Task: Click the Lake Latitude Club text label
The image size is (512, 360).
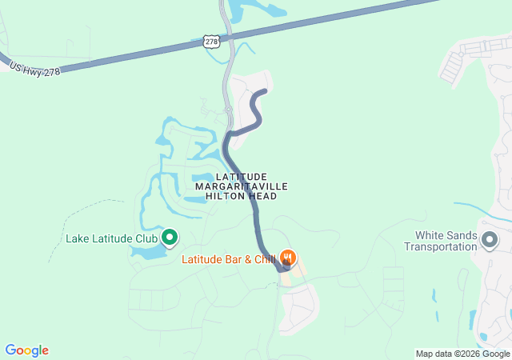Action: (111, 238)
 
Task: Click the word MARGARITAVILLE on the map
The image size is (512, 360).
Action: (242, 186)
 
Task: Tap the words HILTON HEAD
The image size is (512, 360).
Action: (242, 196)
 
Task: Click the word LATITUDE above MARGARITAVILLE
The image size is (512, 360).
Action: (241, 176)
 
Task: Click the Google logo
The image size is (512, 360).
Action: (26, 350)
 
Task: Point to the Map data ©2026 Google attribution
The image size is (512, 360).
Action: (462, 354)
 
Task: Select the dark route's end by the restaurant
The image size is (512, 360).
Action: (284, 268)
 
